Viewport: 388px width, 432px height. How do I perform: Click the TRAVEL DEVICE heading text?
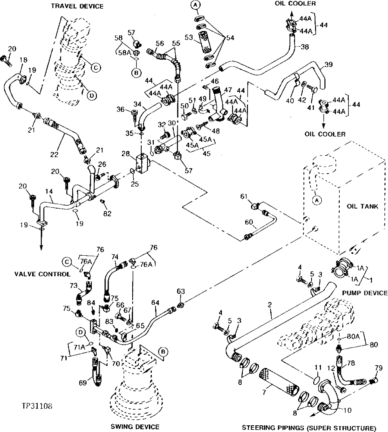pyautogui.click(x=77, y=6)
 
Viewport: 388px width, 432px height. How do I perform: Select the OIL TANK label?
pyautogui.click(x=362, y=206)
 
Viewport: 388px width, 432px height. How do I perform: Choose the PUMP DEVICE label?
pyautogui.click(x=365, y=293)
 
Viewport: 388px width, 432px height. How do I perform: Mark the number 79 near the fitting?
pyautogui.click(x=378, y=368)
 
